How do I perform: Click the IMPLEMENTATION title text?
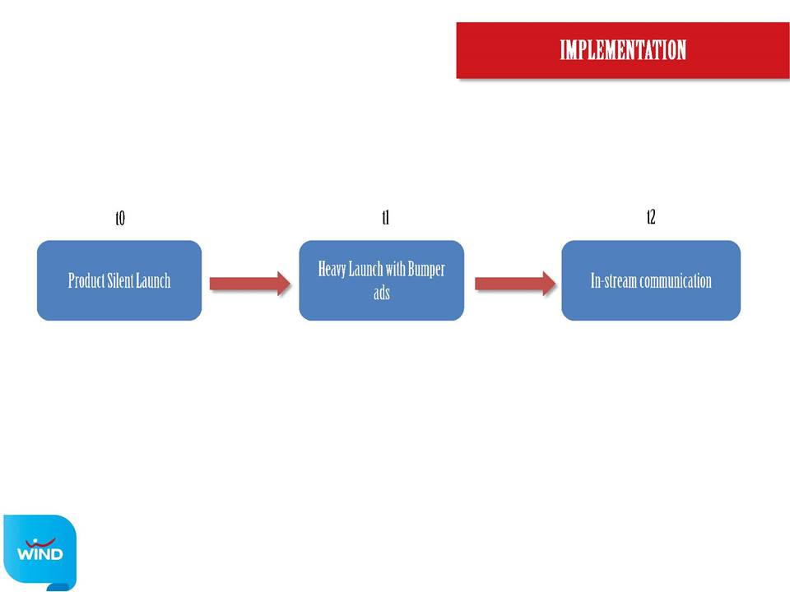(623, 50)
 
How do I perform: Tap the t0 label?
(120, 218)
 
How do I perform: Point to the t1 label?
(385, 217)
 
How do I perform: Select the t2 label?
(651, 217)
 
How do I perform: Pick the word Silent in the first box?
(120, 280)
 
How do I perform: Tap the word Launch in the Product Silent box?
(153, 280)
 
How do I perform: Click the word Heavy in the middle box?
(332, 270)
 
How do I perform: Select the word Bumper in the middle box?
(426, 270)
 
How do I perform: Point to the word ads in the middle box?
(381, 293)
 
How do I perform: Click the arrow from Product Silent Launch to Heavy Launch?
(250, 284)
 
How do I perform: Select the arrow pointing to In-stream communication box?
(515, 284)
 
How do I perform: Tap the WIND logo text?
(39, 553)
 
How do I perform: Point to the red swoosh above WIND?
(40, 543)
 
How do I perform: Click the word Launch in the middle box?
(365, 270)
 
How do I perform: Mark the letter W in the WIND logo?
(26, 553)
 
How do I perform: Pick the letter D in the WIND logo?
(57, 553)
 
